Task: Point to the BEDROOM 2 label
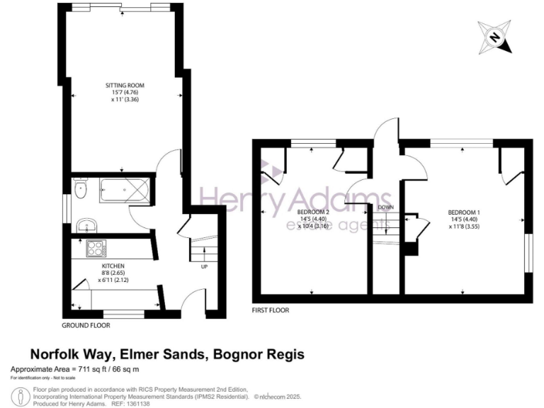[x=313, y=212]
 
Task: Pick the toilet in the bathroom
[x=80, y=188]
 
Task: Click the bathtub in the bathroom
[x=125, y=188]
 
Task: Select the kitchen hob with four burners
[x=96, y=249]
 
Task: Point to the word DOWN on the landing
[x=386, y=208]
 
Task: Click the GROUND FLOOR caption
[x=86, y=326]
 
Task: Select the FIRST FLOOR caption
[x=271, y=310]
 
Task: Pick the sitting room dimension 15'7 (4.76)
[x=125, y=93]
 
